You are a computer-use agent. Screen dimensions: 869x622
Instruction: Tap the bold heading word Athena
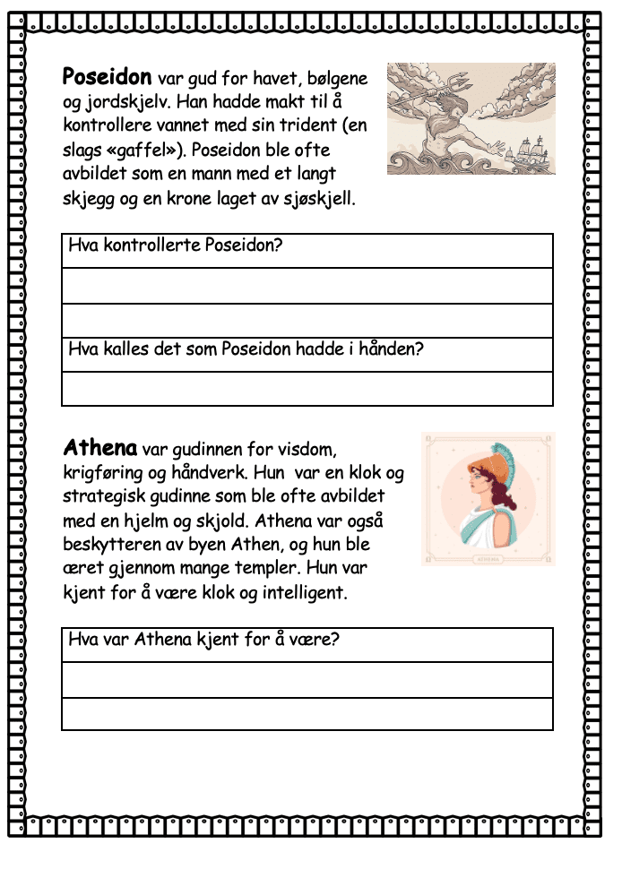point(100,446)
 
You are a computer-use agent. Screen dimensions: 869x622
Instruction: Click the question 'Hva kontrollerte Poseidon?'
point(175,245)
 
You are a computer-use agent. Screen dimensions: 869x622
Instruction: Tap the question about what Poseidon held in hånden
point(246,348)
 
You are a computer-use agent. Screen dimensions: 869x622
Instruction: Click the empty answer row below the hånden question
point(307,389)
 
